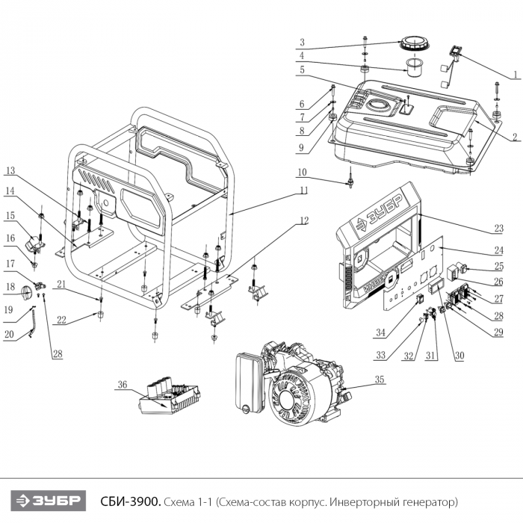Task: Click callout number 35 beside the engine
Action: click(x=380, y=380)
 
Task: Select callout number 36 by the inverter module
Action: click(x=123, y=386)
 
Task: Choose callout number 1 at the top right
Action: click(x=515, y=75)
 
